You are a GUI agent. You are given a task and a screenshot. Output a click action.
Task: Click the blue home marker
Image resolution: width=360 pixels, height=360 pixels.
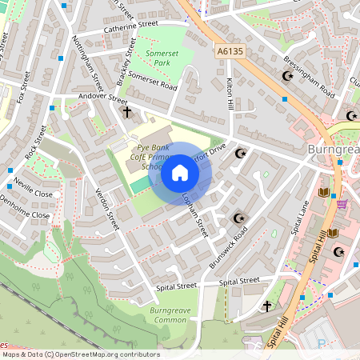click(180, 173)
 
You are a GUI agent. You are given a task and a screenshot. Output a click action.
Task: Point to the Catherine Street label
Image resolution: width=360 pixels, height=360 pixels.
click(131, 26)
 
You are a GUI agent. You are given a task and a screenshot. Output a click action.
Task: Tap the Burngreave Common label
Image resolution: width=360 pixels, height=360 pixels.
click(167, 314)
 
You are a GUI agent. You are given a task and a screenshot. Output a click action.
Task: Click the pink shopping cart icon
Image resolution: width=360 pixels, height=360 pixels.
click(342, 203)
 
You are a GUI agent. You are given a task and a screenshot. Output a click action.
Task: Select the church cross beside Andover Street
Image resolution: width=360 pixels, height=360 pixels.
click(126, 112)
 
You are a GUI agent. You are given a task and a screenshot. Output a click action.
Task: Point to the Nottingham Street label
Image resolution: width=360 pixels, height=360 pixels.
click(88, 62)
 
